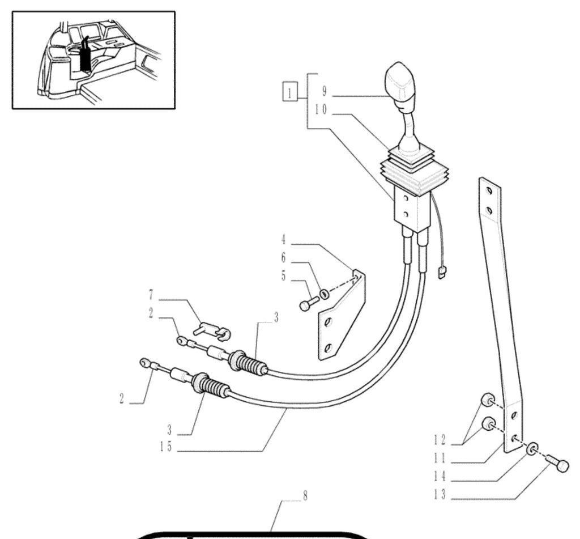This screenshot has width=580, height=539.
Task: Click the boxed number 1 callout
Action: pyautogui.click(x=289, y=91)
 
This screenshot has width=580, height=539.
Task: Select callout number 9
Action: pyautogui.click(x=325, y=91)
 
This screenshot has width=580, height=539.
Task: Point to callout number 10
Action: pyautogui.click(x=321, y=109)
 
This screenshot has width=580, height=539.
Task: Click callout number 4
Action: pyautogui.click(x=283, y=240)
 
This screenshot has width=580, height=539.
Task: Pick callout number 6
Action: pyautogui.click(x=283, y=258)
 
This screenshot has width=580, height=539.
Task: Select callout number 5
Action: pyautogui.click(x=283, y=276)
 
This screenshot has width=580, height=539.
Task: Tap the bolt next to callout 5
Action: pyautogui.click(x=309, y=304)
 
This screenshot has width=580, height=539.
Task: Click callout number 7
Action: pyautogui.click(x=151, y=295)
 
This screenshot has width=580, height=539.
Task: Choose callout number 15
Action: pyautogui.click(x=166, y=447)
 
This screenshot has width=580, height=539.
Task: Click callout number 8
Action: pyautogui.click(x=305, y=496)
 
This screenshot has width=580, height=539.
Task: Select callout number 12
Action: pyautogui.click(x=440, y=440)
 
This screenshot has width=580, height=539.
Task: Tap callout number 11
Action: pyautogui.click(x=440, y=459)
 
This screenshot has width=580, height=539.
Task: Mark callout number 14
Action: pyautogui.click(x=440, y=477)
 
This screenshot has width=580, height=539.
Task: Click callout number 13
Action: pyautogui.click(x=440, y=495)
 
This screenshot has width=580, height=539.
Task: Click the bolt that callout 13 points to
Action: pyautogui.click(x=558, y=463)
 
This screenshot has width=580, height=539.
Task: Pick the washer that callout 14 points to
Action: pyautogui.click(x=532, y=449)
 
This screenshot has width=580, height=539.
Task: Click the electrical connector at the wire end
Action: pyautogui.click(x=441, y=273)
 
